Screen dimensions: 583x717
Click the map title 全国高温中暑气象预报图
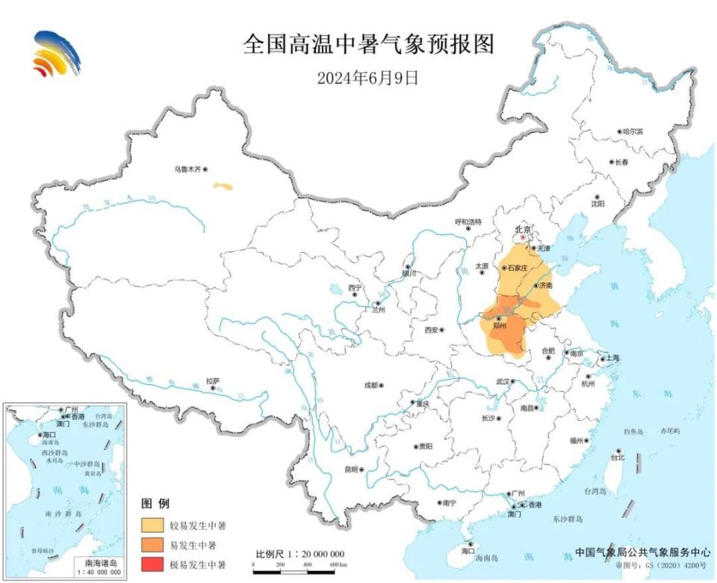[x=368, y=44]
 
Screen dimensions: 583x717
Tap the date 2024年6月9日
[x=367, y=78]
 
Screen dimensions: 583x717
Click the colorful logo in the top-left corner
[x=56, y=54]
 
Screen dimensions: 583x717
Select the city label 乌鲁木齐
[x=187, y=170]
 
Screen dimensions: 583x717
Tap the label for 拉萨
[x=213, y=381]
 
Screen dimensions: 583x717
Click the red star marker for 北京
[x=523, y=238]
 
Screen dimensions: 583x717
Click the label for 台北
[x=617, y=457]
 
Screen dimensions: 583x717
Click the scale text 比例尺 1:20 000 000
[x=300, y=555]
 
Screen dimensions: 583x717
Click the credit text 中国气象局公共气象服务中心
[x=642, y=553]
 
